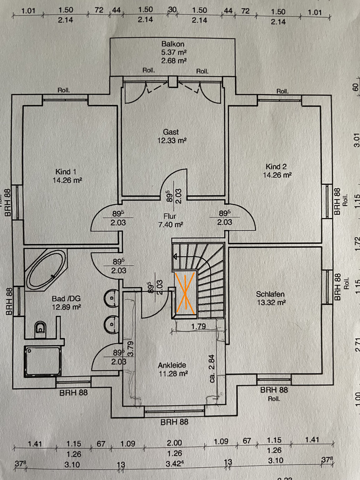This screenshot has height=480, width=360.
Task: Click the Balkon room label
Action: coord(173,44)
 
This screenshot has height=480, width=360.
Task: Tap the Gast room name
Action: coord(171,132)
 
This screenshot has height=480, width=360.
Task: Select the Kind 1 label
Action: coord(66,172)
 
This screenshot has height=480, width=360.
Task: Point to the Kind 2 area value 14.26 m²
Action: coord(277,175)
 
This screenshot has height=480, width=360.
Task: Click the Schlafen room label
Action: coord(270,294)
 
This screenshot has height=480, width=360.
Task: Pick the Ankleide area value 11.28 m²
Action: coord(173,374)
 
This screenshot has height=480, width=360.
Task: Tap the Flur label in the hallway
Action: coord(170,216)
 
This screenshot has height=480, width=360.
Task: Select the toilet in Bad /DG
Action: coord(40,329)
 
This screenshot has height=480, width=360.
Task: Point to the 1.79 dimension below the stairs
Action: coord(198,326)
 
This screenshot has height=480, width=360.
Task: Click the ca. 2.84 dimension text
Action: coord(212,369)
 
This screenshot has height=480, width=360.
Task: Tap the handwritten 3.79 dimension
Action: coord(130,349)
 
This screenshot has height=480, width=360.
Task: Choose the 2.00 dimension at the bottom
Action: coord(174,443)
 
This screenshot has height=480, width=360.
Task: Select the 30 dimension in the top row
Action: coord(172,10)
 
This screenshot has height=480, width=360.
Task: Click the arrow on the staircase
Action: coord(175,257)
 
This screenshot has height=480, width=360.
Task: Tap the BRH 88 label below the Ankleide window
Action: coord(174,422)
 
